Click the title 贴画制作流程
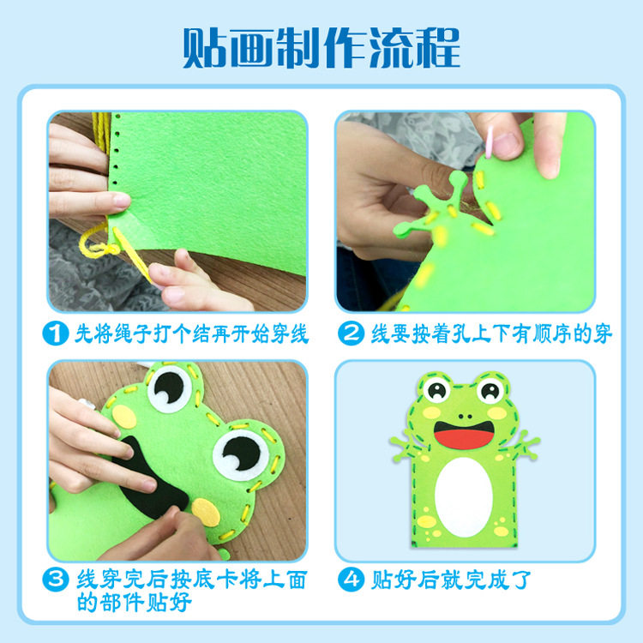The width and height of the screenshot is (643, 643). pos(321,48)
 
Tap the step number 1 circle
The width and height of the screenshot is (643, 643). pos(56,333)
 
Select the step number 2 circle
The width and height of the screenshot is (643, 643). pos(351,333)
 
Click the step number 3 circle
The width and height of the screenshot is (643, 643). pos(56,579)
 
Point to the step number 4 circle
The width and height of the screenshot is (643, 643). pos(351,579)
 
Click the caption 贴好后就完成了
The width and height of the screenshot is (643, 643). pos(451,580)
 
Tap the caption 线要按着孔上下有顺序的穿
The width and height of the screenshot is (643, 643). pos(491,334)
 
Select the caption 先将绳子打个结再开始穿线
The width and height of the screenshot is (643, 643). pos(191,334)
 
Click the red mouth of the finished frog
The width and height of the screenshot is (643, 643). pos(464,435)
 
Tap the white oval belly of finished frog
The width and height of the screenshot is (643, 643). pos(463,497)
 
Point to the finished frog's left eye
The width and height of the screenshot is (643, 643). pos(436,390)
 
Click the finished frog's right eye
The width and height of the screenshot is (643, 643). pos(490,390)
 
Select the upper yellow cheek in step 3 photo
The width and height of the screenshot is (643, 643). pos(123,417)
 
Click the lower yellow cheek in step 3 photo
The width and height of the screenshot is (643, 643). pos(206,512)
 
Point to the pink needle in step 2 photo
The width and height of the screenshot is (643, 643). pos(490,141)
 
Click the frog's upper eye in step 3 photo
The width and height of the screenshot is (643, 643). pos(170,388)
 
